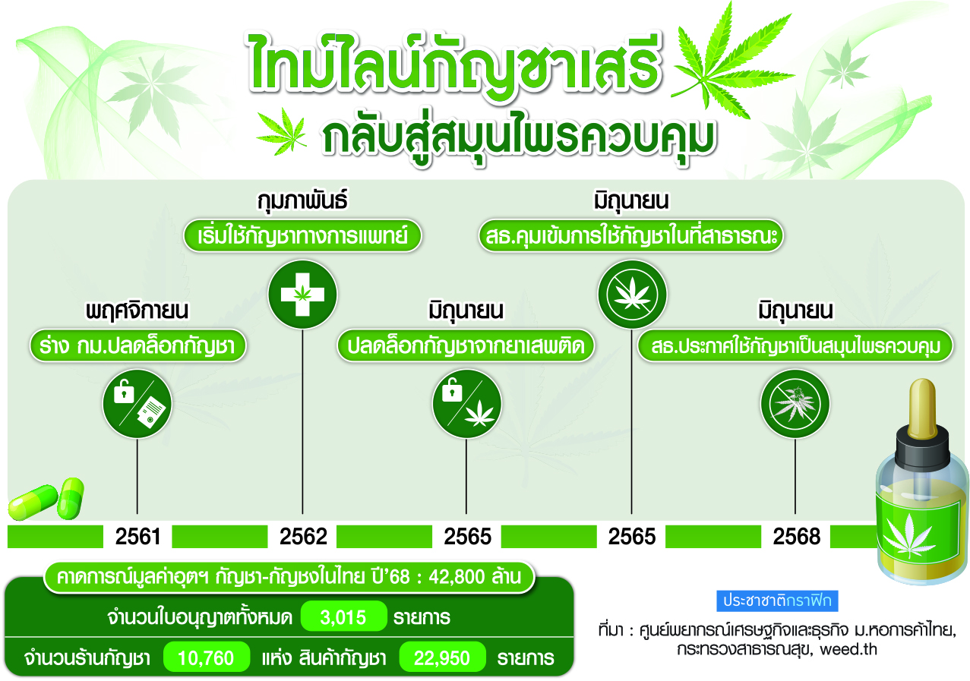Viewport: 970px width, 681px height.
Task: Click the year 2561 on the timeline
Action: (x=137, y=537)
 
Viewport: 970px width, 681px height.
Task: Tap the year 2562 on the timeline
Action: (x=303, y=537)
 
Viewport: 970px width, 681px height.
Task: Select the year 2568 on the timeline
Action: (x=796, y=537)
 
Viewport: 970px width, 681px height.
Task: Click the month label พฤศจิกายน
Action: (x=137, y=311)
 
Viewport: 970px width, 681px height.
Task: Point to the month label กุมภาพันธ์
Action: (x=302, y=200)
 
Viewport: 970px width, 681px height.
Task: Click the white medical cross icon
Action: (x=302, y=295)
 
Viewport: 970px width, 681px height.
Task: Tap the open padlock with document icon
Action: (x=137, y=403)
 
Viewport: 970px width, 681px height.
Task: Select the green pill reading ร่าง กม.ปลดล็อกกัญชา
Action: (x=137, y=345)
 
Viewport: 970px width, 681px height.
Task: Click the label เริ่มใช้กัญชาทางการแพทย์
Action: (x=302, y=235)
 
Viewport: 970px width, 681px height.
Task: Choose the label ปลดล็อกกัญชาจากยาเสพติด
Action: (x=466, y=345)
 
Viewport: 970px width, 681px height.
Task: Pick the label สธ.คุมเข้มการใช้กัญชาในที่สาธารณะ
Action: (x=631, y=235)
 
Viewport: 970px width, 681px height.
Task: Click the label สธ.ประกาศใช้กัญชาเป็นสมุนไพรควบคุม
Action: (x=795, y=345)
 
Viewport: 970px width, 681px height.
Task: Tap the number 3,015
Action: (x=343, y=617)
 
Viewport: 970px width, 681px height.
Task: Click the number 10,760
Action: (x=206, y=657)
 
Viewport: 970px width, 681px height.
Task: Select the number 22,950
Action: (x=441, y=657)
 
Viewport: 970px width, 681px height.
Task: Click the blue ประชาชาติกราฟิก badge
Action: (x=777, y=601)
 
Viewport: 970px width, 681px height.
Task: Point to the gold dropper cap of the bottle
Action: (x=922, y=408)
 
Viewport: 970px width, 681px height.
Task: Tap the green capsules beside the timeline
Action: (x=46, y=499)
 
